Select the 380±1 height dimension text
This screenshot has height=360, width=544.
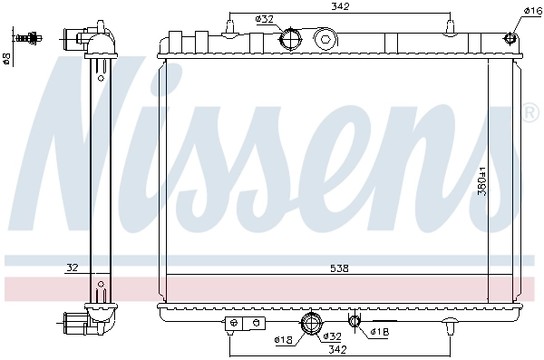pos(509,182)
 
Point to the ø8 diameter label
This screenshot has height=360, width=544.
pos(7,58)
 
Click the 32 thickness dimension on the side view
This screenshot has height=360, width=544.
pos(72,268)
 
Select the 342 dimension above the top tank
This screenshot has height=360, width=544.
pos(341,7)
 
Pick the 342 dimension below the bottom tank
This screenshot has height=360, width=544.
pos(337,349)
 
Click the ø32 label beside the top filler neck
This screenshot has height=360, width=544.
pos(264,18)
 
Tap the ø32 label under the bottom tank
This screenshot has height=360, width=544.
pos(332,337)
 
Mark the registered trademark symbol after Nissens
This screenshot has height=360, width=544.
pos(529,113)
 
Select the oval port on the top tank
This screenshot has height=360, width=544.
pos(325,39)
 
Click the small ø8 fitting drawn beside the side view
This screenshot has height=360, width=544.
pos(34,38)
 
